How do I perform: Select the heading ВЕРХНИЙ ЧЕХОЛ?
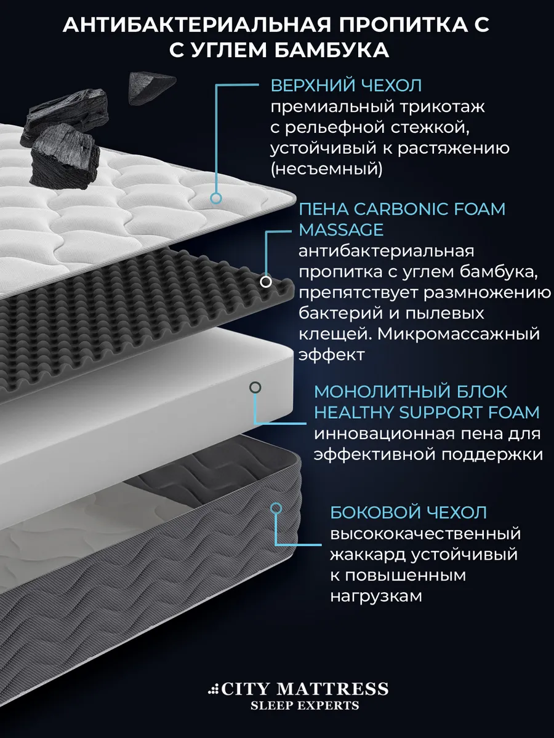(x=346, y=85)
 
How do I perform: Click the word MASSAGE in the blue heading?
(x=341, y=230)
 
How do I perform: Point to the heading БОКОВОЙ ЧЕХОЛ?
(x=408, y=512)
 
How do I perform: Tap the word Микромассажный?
(x=459, y=335)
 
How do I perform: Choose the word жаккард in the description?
(x=368, y=555)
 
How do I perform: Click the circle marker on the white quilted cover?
(x=216, y=199)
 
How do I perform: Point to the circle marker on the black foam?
(x=266, y=282)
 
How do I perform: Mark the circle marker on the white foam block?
(x=255, y=387)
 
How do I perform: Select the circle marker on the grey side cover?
(x=276, y=509)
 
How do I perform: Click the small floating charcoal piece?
(x=151, y=88)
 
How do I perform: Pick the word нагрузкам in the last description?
(x=376, y=597)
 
